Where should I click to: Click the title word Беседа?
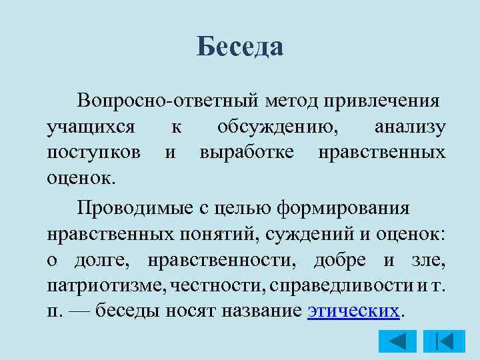tap(240, 47)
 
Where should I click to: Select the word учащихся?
tap(91, 126)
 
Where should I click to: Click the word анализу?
tap(411, 126)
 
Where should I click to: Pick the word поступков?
tap(94, 153)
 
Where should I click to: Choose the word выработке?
tap(247, 153)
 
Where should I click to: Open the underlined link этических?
tap(355, 312)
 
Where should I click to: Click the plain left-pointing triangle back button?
tap(397, 341)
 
